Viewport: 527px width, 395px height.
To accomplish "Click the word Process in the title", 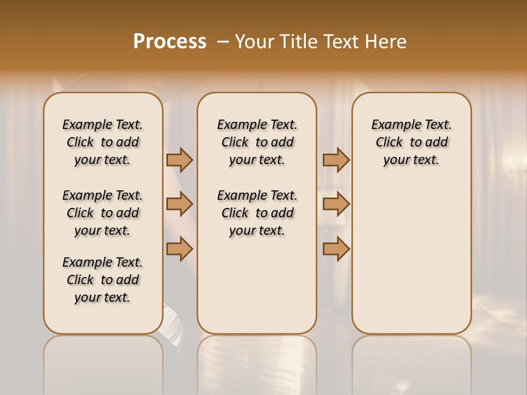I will (x=170, y=42).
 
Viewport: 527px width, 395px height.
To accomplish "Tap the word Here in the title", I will (x=388, y=42).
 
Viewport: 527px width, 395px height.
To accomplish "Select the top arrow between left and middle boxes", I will (x=180, y=160).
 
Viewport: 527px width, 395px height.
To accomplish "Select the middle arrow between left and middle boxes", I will (x=180, y=204).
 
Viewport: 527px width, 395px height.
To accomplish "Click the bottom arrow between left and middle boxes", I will (x=180, y=249).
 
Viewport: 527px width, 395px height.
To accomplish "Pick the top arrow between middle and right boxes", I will (x=336, y=160).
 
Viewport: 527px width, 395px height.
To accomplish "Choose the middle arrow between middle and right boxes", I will (x=336, y=204).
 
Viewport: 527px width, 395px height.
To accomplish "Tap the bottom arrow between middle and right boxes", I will (x=336, y=249).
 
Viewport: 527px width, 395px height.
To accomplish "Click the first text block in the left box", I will (x=103, y=142).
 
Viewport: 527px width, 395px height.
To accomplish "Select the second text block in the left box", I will (x=103, y=213).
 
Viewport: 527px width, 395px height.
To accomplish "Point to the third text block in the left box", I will (x=103, y=280).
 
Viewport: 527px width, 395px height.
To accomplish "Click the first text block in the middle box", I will (x=257, y=142).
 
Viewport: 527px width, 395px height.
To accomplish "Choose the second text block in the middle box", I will (x=257, y=213).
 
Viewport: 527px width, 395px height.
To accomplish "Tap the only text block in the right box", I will (x=411, y=142).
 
